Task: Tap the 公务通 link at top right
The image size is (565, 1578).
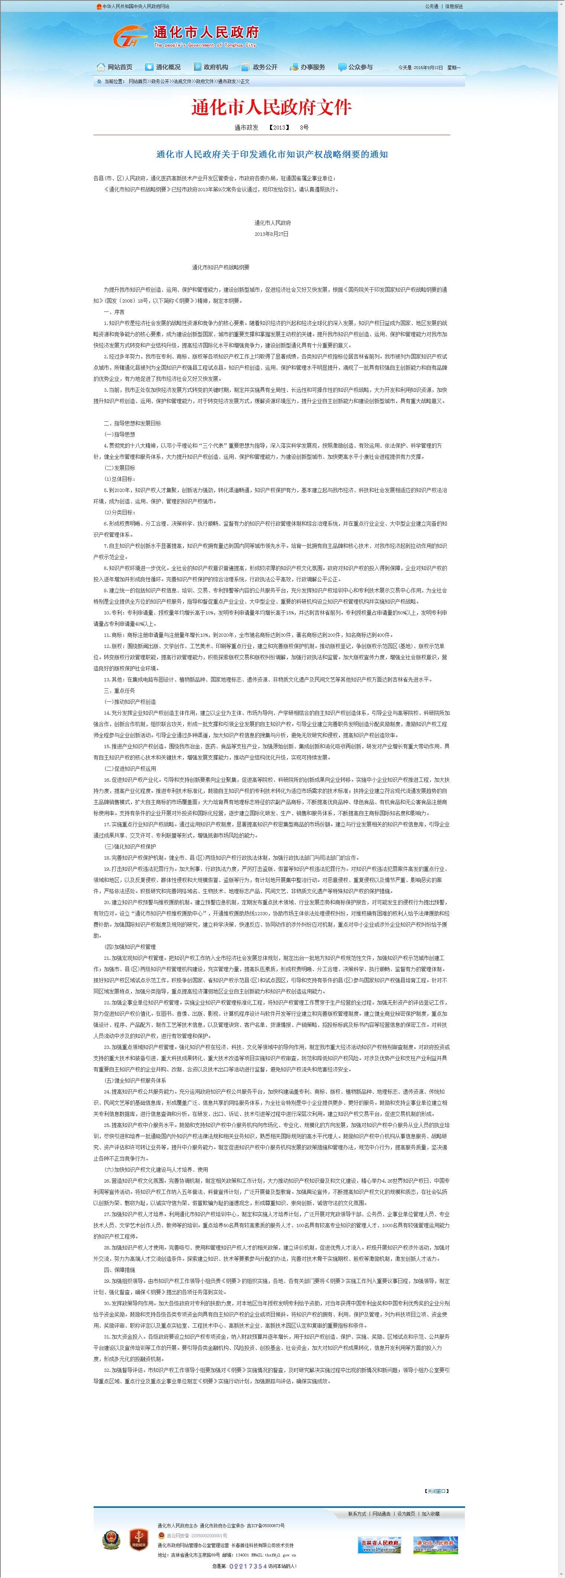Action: click(x=431, y=6)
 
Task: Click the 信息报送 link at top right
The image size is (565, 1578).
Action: click(x=454, y=6)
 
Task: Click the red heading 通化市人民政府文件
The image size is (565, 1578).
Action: click(x=272, y=108)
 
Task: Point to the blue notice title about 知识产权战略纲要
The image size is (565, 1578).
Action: click(x=272, y=154)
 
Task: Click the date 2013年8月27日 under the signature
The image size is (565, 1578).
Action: click(x=272, y=234)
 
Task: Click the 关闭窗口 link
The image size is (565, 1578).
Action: click(x=436, y=1490)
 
